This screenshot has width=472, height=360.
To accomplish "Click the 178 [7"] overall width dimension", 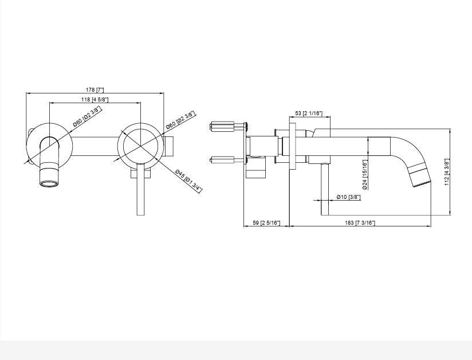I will [x=95, y=90].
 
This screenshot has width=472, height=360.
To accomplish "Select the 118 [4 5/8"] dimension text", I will [x=95, y=100].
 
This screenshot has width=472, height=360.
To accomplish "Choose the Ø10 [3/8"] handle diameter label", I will [x=348, y=197].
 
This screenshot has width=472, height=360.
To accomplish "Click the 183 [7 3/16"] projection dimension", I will [x=360, y=222].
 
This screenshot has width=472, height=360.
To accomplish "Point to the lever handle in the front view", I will [x=141, y=192].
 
